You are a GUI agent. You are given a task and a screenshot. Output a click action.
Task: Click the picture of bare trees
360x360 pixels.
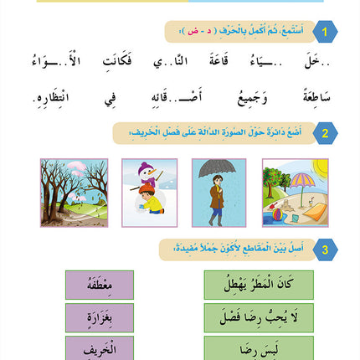[x=75, y=193]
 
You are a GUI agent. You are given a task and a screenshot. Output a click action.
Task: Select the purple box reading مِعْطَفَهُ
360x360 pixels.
[x=100, y=285]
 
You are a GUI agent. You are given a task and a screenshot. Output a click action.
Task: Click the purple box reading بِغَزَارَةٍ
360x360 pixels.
[x=100, y=317]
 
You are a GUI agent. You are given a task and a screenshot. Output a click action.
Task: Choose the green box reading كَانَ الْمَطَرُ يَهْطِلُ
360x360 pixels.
[x=259, y=285]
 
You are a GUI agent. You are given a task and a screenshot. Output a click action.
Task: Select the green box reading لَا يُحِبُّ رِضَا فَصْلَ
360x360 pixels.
[x=259, y=317]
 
